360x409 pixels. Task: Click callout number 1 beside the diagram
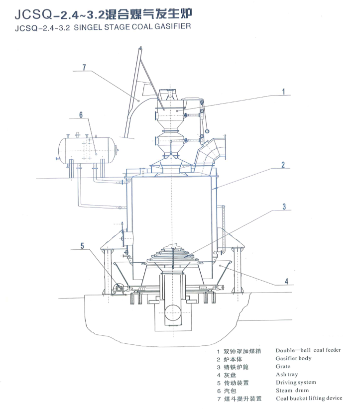(x=283, y=92)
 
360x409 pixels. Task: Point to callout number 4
(x=286, y=281)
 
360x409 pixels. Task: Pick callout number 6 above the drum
(x=81, y=115)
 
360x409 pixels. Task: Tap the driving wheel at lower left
(x=119, y=290)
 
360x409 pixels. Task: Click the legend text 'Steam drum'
(x=292, y=390)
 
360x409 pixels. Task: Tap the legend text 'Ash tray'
(x=286, y=374)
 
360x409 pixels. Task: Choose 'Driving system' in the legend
(x=295, y=382)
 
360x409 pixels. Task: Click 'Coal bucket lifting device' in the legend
(x=309, y=398)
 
